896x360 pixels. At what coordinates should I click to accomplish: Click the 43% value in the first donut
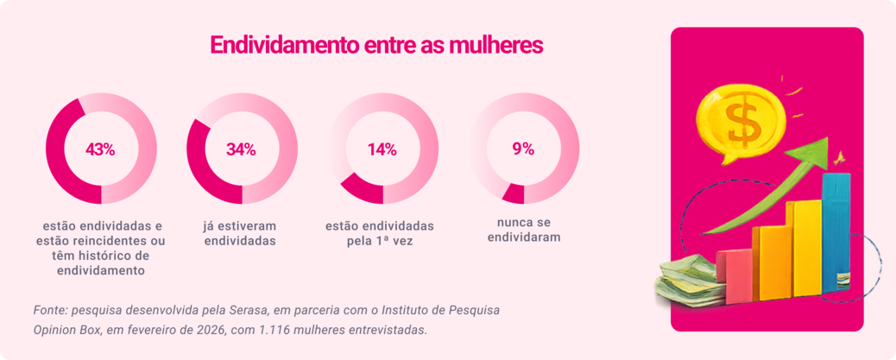pos(100,149)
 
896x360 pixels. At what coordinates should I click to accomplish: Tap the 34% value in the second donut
pos(241,149)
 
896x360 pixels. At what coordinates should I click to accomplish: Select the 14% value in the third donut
pos(382,149)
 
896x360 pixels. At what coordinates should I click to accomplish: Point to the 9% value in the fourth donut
pos(523,149)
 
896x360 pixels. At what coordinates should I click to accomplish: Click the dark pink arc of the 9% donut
pos(513,194)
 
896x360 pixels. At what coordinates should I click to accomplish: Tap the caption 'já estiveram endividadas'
pos(240,233)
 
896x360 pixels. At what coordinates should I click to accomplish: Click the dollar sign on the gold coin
pos(741,121)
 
